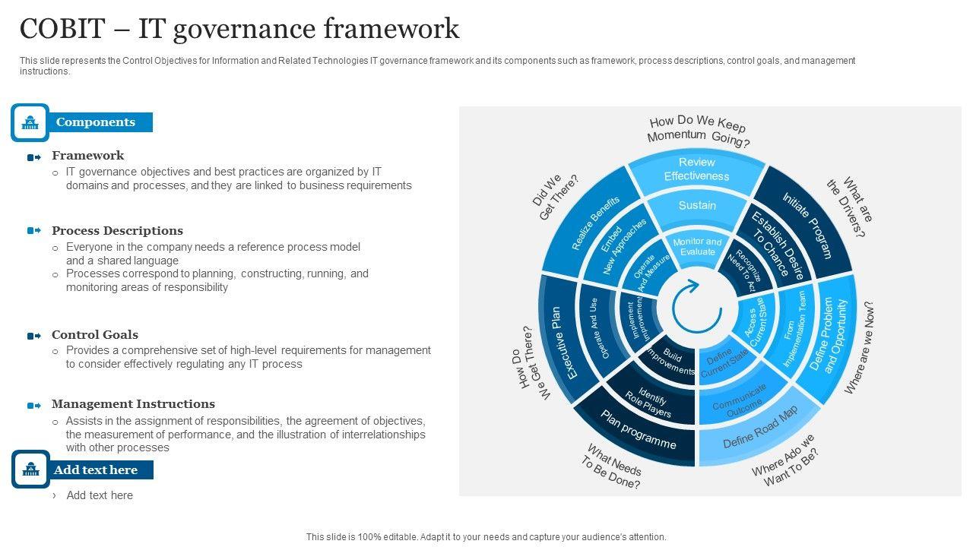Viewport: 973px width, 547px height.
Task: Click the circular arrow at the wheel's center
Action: click(x=696, y=307)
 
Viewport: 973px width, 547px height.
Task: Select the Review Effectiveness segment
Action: click(x=696, y=169)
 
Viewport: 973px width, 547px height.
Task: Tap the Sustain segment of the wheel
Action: click(x=697, y=205)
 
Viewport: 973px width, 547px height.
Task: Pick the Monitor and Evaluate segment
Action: click(x=697, y=247)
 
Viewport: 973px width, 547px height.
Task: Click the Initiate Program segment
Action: click(x=807, y=225)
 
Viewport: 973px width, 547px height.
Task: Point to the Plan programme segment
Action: click(x=638, y=430)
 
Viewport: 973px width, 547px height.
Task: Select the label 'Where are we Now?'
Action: click(x=860, y=347)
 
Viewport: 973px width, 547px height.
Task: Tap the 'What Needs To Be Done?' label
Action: click(x=613, y=466)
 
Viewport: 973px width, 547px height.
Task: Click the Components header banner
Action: click(x=96, y=122)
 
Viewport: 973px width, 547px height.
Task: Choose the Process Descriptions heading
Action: click(x=117, y=231)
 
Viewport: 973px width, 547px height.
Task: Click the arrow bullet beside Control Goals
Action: click(x=34, y=336)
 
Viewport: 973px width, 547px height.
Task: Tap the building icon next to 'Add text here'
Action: click(x=30, y=470)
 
